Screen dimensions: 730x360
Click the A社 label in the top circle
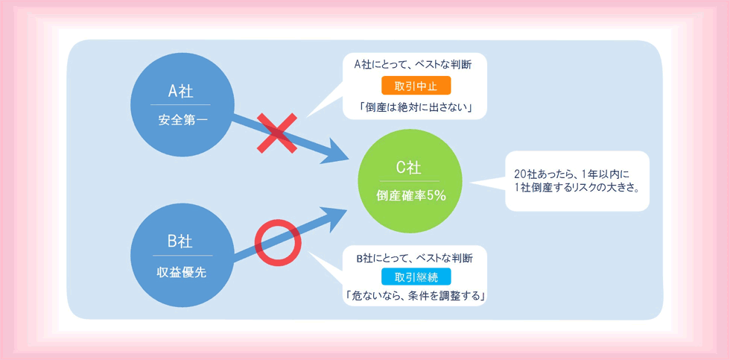pos(180,91)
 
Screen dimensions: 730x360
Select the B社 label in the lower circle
pos(180,241)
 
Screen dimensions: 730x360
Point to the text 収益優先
pos(180,273)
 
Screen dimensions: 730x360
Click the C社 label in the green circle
pos(409,167)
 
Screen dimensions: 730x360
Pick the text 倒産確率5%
pos(410,196)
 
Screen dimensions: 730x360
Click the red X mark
pos(277,133)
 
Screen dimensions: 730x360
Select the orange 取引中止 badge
pos(416,86)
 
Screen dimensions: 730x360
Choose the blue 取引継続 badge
pos(416,277)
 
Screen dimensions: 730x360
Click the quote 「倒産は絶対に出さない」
pos(416,107)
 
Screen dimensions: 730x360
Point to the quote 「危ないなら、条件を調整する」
pos(416,295)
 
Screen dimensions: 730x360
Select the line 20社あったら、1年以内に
pos(572,174)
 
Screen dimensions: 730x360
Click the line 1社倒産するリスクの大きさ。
pos(577,189)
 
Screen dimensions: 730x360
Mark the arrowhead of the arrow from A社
pos(337,152)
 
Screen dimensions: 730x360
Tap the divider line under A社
pos(180,105)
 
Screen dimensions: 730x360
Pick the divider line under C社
pos(410,180)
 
